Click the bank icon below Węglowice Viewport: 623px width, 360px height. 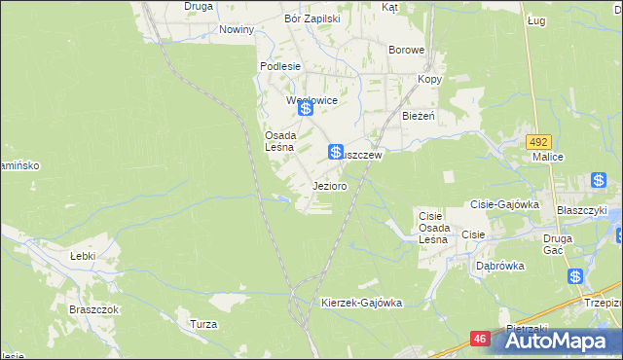tap(306, 109)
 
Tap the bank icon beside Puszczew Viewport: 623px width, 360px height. tap(335, 151)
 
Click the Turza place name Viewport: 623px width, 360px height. tap(203, 324)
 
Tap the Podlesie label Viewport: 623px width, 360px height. tap(277, 66)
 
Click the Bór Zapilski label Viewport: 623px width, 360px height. tap(311, 18)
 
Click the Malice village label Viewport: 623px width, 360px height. tap(548, 156)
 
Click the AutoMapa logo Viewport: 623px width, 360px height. tap(556, 342)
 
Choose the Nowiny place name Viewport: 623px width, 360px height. tap(237, 29)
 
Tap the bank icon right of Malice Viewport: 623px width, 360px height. tap(599, 180)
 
